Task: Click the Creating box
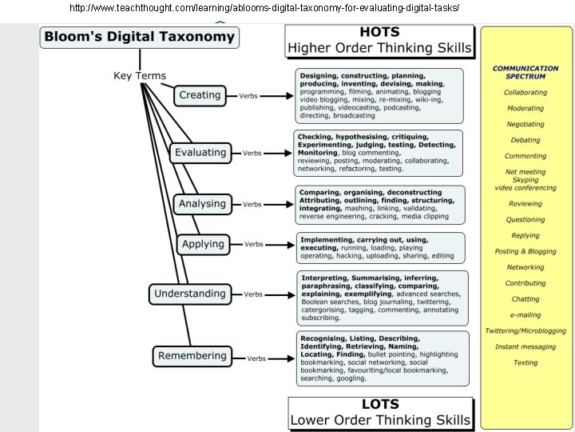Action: pos(200,95)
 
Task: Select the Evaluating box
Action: pos(200,152)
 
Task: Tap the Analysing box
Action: pos(203,204)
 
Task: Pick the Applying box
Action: pos(203,244)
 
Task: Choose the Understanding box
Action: pos(189,294)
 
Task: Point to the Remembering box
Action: pos(192,356)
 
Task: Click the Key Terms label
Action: pos(140,76)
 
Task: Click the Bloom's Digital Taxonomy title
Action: pos(139,37)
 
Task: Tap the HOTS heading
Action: pos(380,32)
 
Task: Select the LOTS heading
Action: pos(380,405)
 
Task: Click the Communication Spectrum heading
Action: pos(525,72)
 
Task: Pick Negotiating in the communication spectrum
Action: pos(525,124)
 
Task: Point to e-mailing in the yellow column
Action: pos(525,314)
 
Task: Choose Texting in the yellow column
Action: pos(525,362)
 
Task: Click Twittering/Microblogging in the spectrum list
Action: pos(525,330)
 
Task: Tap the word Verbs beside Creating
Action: pos(248,96)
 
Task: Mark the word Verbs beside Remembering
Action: pos(256,358)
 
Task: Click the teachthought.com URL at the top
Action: pos(264,7)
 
